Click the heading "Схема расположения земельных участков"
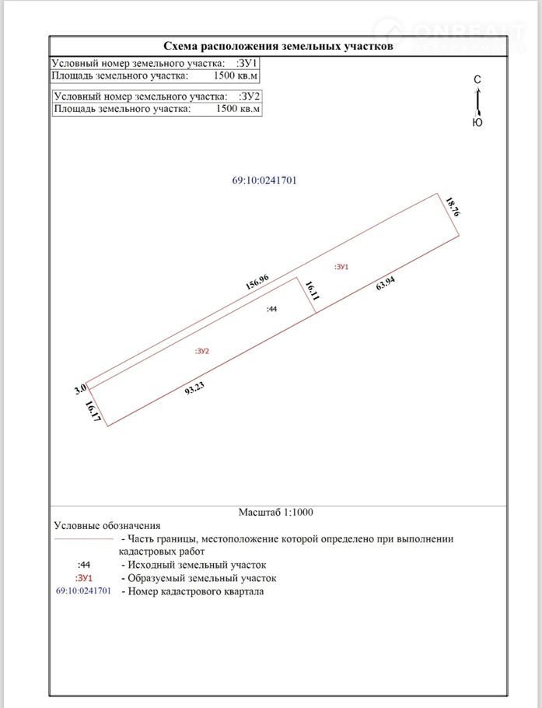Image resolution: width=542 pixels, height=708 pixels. (278, 46)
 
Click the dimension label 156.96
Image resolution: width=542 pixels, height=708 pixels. (257, 282)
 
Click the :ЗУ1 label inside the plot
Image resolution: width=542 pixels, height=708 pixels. (341, 267)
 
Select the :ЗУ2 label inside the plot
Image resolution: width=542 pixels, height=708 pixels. (203, 351)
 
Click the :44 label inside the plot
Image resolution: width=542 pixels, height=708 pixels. (271, 309)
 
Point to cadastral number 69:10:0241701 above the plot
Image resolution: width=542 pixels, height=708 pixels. (264, 181)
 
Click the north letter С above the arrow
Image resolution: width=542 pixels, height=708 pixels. (477, 80)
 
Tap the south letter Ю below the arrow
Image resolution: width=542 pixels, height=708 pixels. (477, 123)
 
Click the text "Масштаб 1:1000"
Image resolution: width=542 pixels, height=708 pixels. (277, 512)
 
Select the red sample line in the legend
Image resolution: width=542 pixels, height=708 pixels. (83, 538)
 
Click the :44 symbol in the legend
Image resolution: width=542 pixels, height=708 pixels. (85, 564)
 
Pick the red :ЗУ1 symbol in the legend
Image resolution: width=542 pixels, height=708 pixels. (84, 578)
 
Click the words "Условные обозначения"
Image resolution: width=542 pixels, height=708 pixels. (107, 526)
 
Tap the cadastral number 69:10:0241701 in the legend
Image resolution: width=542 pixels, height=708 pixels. (84, 591)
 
